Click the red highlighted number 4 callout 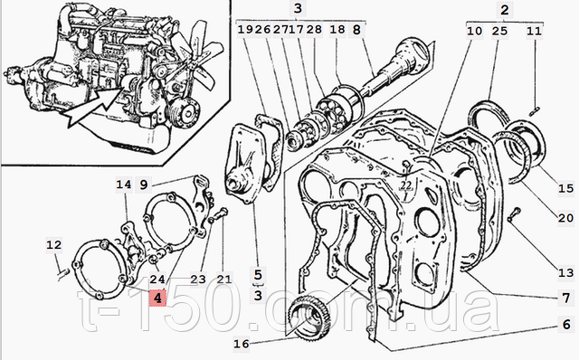point(157,298)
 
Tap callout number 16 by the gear point(242,344)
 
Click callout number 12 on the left point(54,245)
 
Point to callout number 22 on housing point(405,185)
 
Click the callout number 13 point(565,273)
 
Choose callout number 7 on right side point(566,298)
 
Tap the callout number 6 point(567,325)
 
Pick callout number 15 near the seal point(565,189)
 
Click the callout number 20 point(565,218)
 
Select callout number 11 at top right point(534,31)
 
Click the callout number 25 point(499,31)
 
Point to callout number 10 point(475,31)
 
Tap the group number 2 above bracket point(505,10)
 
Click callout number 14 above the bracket point(124,185)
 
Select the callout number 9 point(143,185)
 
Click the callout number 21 point(223,279)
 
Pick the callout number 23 point(198,279)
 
